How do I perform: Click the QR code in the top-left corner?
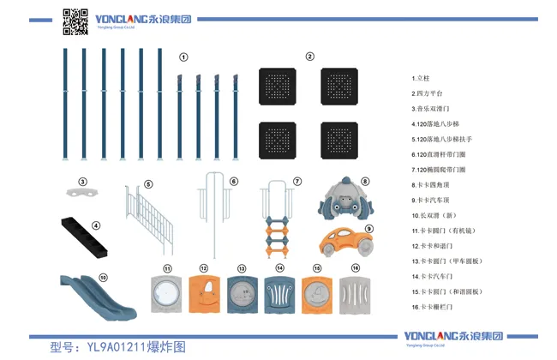coord(76,21)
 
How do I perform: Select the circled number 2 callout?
coord(309,57)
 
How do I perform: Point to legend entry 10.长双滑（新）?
coord(438,215)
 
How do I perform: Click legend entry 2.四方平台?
coord(428,93)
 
